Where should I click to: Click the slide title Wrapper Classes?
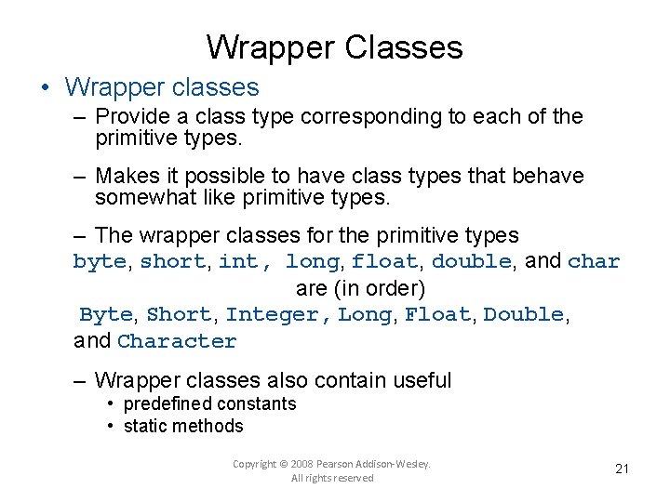click(334, 46)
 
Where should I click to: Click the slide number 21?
click(623, 469)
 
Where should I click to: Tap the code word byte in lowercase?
click(99, 262)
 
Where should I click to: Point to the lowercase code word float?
click(384, 262)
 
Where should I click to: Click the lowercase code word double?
click(471, 262)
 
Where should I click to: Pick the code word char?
click(593, 262)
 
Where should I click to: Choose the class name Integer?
click(272, 315)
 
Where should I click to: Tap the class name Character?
click(177, 341)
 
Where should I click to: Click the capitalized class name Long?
click(365, 315)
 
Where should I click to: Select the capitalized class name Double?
click(523, 315)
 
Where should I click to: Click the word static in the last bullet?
click(145, 427)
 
